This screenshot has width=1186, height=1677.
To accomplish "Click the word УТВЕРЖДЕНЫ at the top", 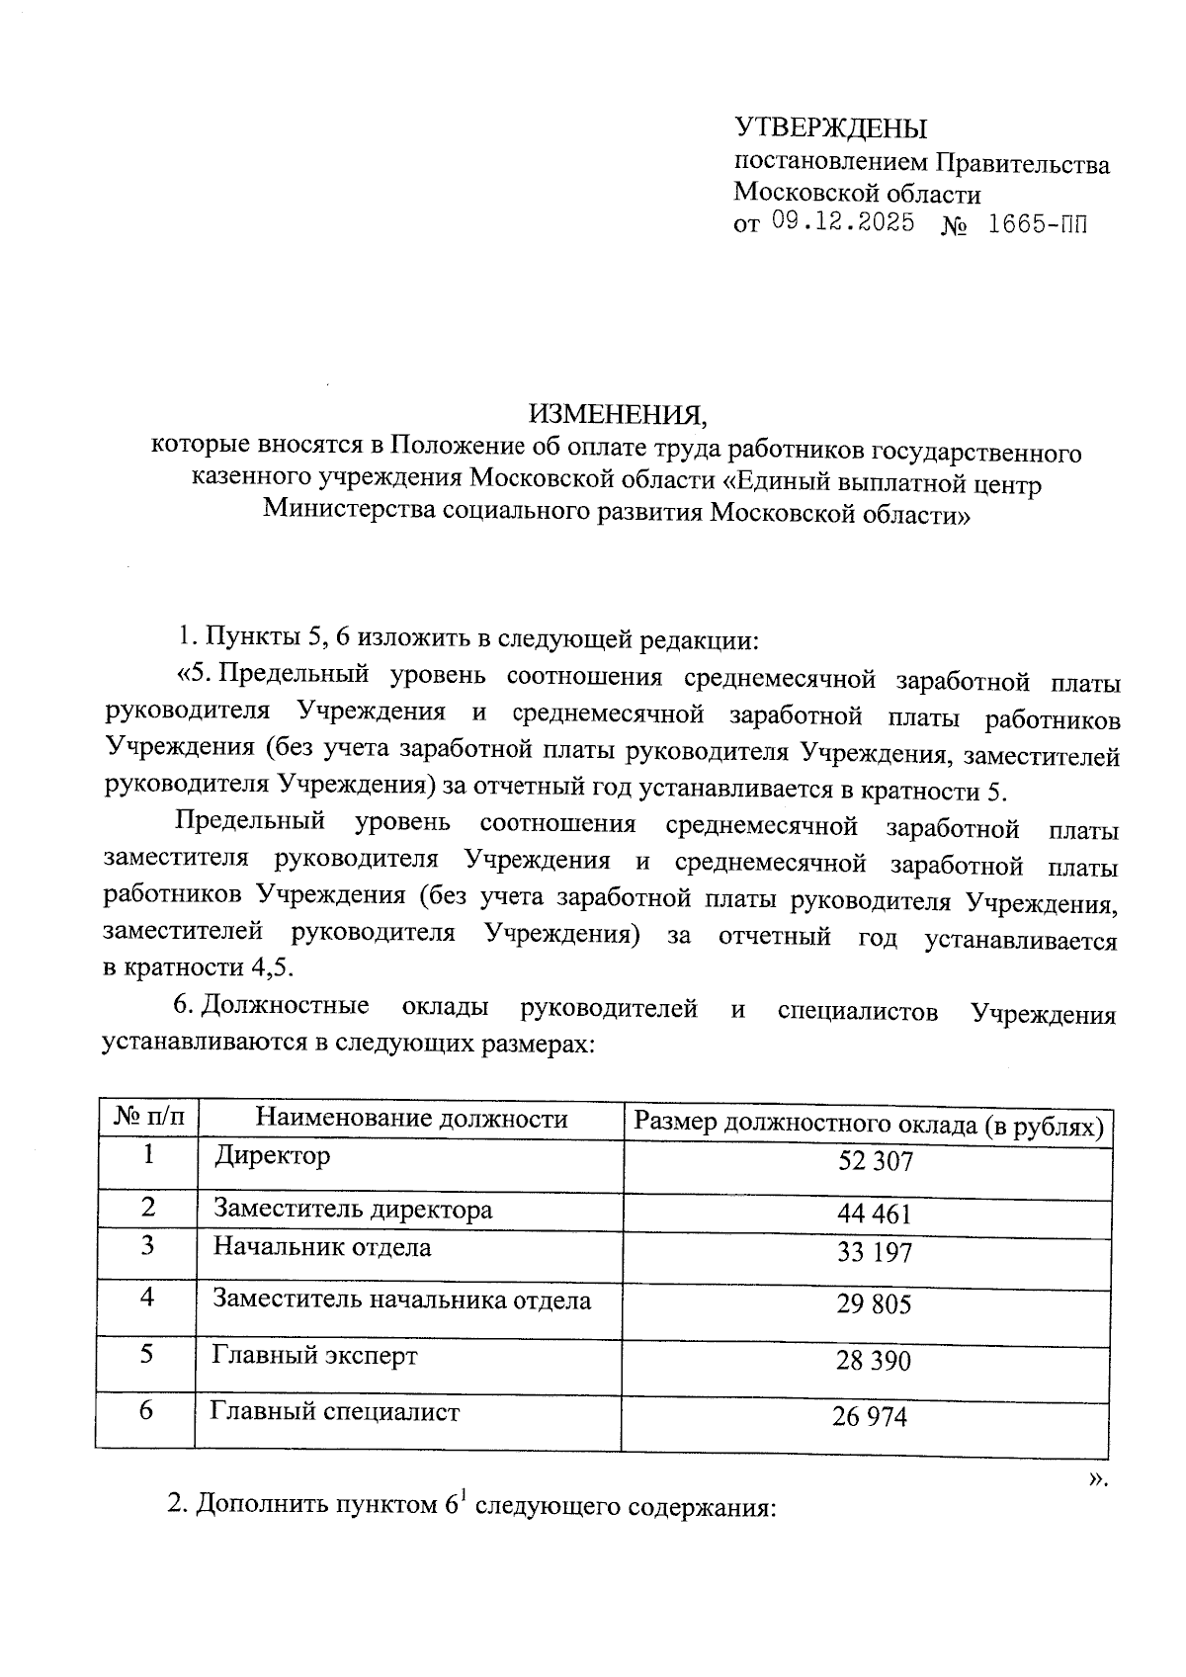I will (x=830, y=128).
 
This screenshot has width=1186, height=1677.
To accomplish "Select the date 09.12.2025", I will (x=842, y=222).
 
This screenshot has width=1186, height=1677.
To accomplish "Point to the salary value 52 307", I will (x=875, y=1161).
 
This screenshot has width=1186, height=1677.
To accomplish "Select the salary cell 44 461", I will (x=874, y=1214).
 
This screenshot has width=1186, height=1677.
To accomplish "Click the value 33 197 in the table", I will (x=874, y=1253).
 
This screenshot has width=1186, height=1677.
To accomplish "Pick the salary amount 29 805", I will (x=874, y=1304).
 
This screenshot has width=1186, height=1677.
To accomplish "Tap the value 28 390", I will (x=873, y=1361).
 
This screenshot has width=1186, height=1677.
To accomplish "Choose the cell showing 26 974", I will (x=869, y=1417).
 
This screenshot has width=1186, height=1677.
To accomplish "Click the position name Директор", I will (x=272, y=1155).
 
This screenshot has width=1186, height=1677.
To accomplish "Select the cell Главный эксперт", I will (x=314, y=1355).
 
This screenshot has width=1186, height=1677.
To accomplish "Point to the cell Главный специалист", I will (x=336, y=1412).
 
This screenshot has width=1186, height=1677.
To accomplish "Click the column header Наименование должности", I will (x=411, y=1118).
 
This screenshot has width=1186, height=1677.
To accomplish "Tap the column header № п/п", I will (x=148, y=1117).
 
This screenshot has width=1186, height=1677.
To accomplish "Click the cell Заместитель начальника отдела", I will (x=401, y=1300).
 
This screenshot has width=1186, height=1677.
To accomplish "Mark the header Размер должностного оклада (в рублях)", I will (x=868, y=1125).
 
